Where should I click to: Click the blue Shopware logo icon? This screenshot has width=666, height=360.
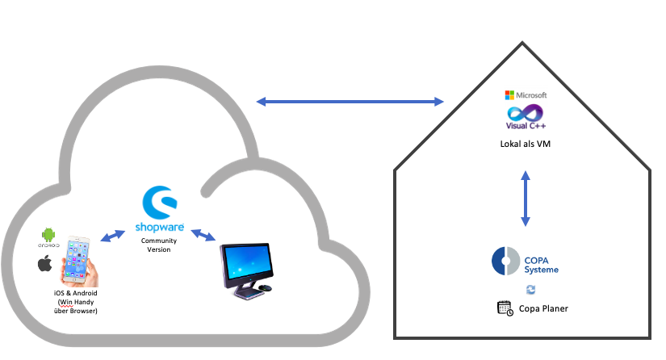(x=157, y=202)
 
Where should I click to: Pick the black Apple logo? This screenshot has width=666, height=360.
(x=46, y=264)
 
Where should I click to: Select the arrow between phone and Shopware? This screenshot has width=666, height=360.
(x=113, y=236)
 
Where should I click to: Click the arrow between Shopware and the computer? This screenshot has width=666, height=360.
(x=202, y=236)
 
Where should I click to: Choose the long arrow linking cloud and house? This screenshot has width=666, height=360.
(x=350, y=102)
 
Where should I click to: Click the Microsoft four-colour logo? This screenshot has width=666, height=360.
(x=509, y=95)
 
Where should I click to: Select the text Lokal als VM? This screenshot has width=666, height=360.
(x=525, y=143)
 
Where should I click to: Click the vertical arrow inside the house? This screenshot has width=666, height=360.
(x=526, y=198)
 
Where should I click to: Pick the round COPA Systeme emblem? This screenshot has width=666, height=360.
(x=505, y=262)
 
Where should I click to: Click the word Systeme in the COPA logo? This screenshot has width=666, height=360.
(x=541, y=270)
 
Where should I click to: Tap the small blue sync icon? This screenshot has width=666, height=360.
(x=530, y=289)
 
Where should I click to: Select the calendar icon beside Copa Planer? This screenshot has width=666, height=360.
(x=505, y=308)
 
